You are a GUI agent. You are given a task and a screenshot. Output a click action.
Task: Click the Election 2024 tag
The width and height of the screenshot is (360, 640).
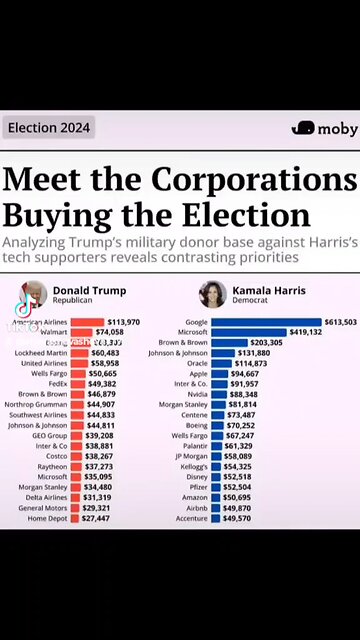pos(48,128)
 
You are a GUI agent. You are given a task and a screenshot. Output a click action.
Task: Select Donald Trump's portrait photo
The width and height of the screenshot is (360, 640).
pos(34,295)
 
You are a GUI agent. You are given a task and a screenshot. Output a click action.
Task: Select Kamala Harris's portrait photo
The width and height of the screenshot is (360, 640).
pos(212,294)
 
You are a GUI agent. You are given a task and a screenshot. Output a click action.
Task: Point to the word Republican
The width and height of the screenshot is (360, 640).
pos(73,301)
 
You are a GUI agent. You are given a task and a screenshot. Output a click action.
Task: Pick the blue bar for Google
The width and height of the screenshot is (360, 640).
pos(266,322)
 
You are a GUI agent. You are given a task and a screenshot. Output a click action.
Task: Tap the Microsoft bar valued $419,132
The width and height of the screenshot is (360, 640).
pos(248,332)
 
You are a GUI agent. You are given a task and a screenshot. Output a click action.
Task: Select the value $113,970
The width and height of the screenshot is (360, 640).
pos(123,322)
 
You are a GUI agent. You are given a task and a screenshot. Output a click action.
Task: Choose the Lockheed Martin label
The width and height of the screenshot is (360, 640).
pos(43,353)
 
